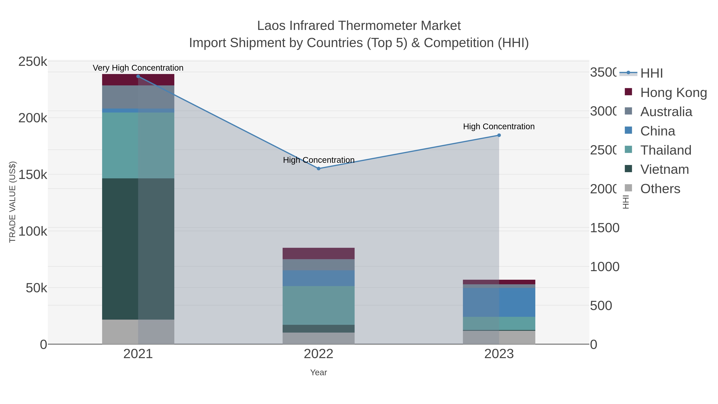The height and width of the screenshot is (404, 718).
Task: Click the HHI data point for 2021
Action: pos(138,76)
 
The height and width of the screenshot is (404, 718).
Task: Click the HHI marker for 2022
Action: pos(319,169)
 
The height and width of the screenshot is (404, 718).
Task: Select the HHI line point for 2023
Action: pos(499,135)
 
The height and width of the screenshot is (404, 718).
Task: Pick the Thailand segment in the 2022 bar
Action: pos(319,305)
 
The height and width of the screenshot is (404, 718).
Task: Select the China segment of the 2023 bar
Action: pos(499,302)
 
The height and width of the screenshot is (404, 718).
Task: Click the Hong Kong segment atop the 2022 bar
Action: pos(319,253)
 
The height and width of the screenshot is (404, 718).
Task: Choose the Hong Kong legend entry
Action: pos(673,93)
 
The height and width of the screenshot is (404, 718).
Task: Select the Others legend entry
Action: pos(660,189)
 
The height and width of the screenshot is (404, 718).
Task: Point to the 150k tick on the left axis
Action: pos(33,175)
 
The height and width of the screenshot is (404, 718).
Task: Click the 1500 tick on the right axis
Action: pos(605,228)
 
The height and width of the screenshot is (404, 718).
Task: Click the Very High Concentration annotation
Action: pos(138,68)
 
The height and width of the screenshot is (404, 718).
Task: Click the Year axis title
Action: pos(319,372)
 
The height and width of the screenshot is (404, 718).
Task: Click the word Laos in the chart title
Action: pos(271,26)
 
